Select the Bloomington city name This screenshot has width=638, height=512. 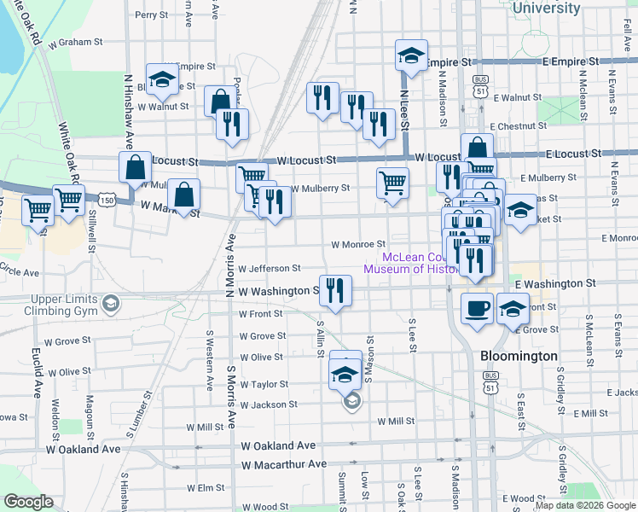tap(519, 356)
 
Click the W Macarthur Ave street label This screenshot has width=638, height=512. tap(284, 464)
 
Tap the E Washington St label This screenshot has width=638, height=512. tap(555, 282)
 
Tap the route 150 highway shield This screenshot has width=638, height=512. tap(107, 199)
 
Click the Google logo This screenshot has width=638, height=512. tap(28, 502)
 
